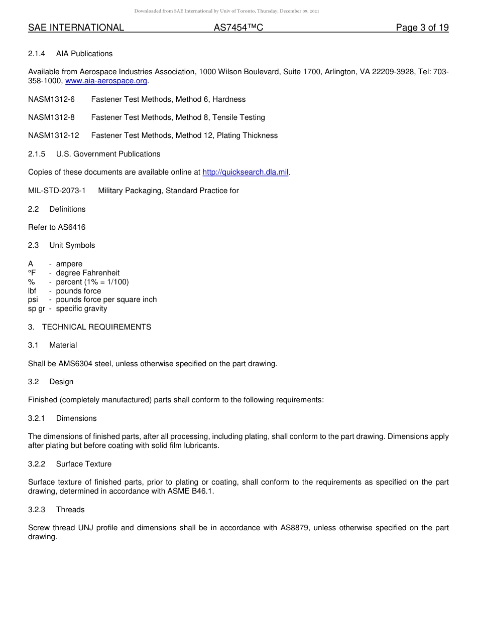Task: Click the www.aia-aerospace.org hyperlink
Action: click(106, 81)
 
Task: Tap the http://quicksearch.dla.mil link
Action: click(246, 172)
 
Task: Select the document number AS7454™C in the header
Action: click(238, 28)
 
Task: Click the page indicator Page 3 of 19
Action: click(422, 28)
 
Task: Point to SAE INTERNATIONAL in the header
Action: click(76, 28)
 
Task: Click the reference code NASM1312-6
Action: click(51, 99)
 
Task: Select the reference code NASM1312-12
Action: click(53, 135)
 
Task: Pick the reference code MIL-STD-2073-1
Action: click(57, 191)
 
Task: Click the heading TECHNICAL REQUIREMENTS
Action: click(96, 327)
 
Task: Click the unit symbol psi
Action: click(33, 299)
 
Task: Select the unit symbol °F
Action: click(33, 273)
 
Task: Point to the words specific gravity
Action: click(81, 308)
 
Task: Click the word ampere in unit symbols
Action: click(69, 264)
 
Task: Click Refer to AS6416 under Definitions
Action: click(57, 227)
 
